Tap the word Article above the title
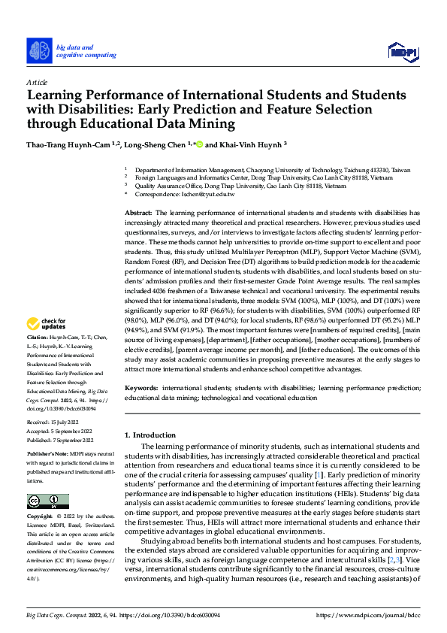(x=37, y=82)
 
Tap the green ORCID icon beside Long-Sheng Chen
(x=199, y=144)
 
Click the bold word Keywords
(x=141, y=387)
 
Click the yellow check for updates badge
(x=47, y=324)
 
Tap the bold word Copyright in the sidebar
(x=40, y=518)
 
